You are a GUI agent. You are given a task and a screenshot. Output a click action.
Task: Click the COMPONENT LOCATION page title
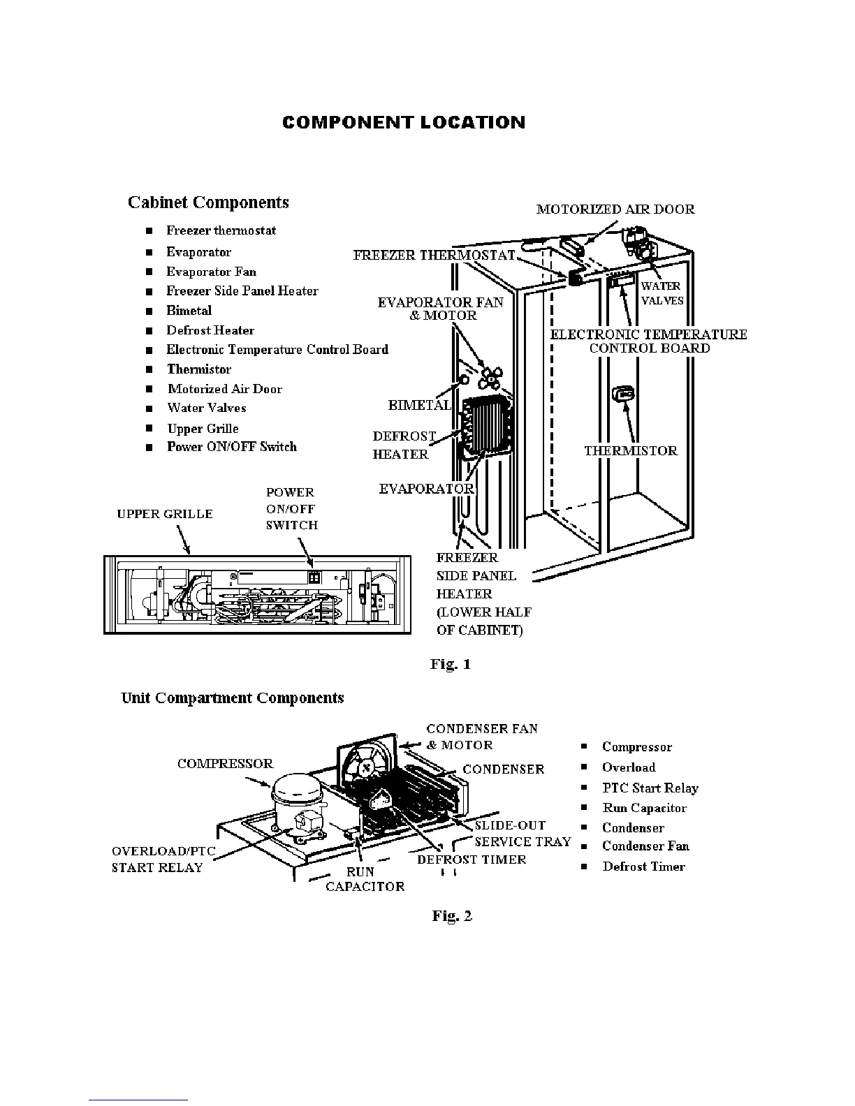[x=404, y=123]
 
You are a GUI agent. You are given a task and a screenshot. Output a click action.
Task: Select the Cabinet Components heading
[x=208, y=202]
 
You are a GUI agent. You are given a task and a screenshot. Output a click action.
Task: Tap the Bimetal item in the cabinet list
[x=189, y=311]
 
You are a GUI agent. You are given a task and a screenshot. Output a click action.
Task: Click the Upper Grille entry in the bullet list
[x=203, y=429]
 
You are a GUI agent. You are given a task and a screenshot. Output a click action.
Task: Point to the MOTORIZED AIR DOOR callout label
[x=615, y=209]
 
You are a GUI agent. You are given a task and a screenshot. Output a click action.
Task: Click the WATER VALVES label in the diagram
[x=662, y=293]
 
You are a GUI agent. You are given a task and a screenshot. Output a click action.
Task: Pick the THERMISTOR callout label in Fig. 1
[x=631, y=451]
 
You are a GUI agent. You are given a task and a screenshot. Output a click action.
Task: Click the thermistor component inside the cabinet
[x=623, y=395]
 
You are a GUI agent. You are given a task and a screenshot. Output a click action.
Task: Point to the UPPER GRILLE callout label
[x=165, y=514]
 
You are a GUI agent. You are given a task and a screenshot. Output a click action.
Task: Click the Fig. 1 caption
[x=451, y=664]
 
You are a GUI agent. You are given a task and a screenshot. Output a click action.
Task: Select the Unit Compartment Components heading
[x=233, y=698]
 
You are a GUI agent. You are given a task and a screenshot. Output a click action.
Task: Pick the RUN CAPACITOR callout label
[x=364, y=879]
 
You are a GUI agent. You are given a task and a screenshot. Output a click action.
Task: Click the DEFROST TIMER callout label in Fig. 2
[x=472, y=860]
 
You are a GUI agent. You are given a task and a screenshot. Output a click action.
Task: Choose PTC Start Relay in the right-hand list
[x=650, y=788]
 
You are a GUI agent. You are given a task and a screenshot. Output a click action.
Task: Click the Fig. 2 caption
[x=452, y=915]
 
